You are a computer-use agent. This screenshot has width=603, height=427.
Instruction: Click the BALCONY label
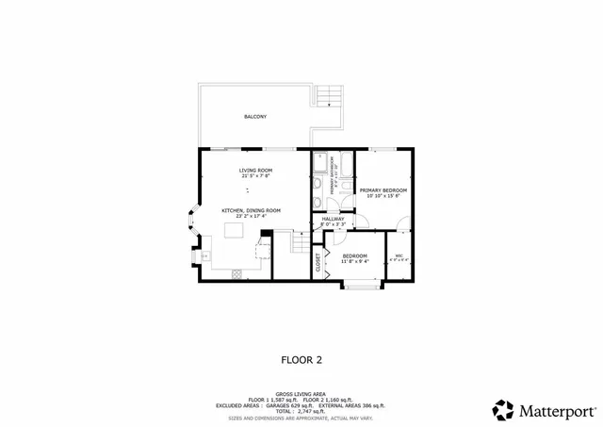point(254,117)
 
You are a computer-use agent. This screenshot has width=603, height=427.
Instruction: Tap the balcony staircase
point(327,95)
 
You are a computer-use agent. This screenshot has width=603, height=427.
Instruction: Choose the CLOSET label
point(318,261)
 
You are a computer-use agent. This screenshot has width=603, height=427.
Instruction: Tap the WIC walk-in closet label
point(399,256)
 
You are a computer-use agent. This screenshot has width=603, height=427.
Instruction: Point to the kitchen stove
point(236,273)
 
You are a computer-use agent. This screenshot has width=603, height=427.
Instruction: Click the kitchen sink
point(204,255)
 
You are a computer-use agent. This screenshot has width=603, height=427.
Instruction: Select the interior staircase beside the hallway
point(300,247)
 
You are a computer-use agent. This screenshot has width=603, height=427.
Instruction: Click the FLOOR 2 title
point(301,359)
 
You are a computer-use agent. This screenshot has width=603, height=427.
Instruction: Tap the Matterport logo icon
point(504,410)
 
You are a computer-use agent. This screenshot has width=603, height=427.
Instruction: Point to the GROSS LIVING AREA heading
point(301,394)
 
